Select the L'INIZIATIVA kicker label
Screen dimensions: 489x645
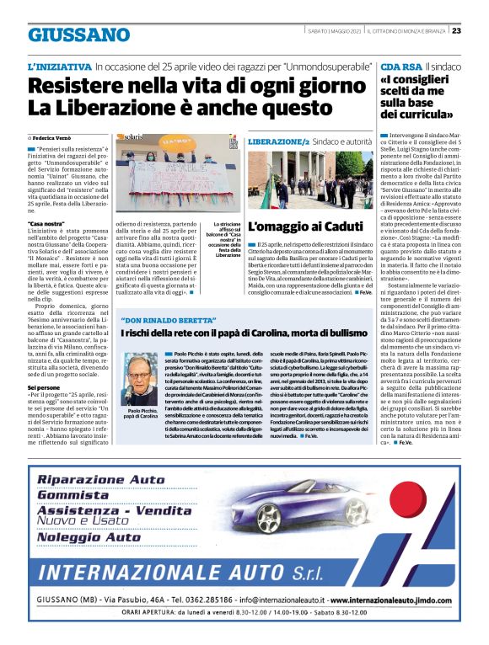58,66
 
